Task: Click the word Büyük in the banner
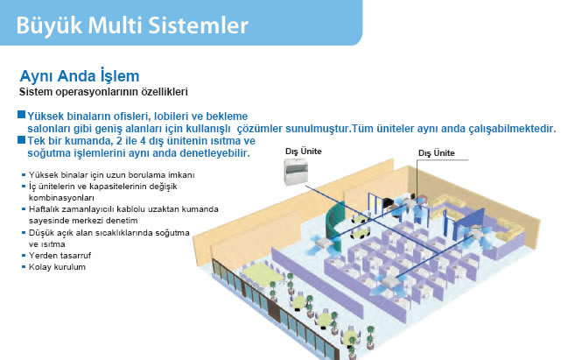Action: (49, 25)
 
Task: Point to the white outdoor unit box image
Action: (296, 172)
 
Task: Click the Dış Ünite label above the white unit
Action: (303, 152)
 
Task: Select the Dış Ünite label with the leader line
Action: (436, 153)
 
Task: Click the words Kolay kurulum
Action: (57, 267)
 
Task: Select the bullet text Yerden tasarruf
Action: (60, 256)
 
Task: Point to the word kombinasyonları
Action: (61, 198)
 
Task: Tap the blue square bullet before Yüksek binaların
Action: (21, 115)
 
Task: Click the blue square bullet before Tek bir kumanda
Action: (21, 139)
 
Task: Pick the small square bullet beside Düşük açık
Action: (24, 232)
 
